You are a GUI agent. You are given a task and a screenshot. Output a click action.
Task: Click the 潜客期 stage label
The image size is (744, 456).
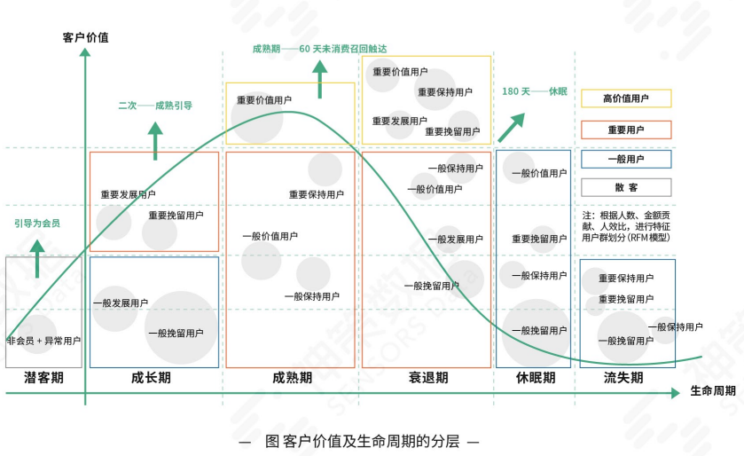coord(44,377)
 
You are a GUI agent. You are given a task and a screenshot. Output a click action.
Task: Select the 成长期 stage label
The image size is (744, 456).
coord(152,377)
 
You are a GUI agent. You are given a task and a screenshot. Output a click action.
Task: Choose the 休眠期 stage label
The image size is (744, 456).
coord(536,377)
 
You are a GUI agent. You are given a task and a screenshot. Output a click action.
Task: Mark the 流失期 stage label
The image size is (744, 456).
coord(623,377)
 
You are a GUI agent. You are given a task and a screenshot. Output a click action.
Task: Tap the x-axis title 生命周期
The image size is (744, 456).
coord(713,391)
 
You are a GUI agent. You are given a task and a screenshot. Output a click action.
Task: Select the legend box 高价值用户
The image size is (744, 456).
coord(626,98)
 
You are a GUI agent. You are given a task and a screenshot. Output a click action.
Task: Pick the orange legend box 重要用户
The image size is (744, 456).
coord(626,130)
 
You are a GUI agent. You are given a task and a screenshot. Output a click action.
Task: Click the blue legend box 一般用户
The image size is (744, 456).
coord(626,160)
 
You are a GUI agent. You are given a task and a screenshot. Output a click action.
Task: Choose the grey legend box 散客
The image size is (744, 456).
coord(626,187)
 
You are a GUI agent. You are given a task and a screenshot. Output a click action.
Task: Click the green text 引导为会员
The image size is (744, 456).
coord(37,224)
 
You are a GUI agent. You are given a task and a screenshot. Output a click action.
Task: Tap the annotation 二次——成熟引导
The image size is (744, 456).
coord(155,106)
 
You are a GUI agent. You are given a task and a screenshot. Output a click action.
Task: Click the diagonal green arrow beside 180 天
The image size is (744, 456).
coord(512,127)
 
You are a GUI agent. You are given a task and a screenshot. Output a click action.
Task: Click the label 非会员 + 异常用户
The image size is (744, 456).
coord(43,341)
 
